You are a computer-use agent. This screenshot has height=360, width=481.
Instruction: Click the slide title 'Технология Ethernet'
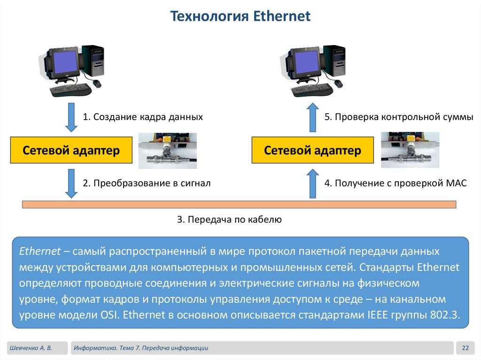[x=240, y=17]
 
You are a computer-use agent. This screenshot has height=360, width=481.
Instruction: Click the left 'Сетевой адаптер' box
[x=71, y=150]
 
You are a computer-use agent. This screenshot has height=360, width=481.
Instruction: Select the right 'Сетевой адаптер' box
[x=312, y=150]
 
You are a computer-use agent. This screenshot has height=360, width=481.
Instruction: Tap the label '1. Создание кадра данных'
[x=143, y=117]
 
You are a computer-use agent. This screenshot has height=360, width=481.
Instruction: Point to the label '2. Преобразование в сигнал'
[x=147, y=183]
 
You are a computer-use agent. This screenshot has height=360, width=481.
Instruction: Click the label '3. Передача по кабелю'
[x=229, y=219]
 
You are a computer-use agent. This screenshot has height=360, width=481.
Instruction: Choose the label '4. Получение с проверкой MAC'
[x=395, y=183]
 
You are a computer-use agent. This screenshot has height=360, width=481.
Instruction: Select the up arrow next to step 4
[x=312, y=183]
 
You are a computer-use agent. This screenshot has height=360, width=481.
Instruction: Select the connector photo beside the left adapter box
[x=168, y=150]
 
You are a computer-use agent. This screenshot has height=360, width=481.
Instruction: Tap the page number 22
[x=465, y=348]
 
